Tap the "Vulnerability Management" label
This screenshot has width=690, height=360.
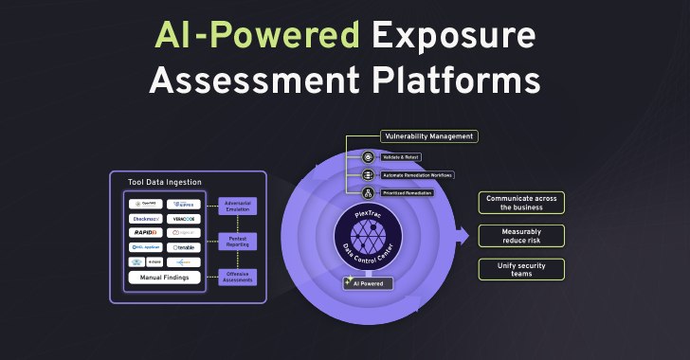pyautogui.click(x=428, y=136)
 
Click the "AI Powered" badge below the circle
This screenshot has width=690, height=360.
pyautogui.click(x=368, y=283)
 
